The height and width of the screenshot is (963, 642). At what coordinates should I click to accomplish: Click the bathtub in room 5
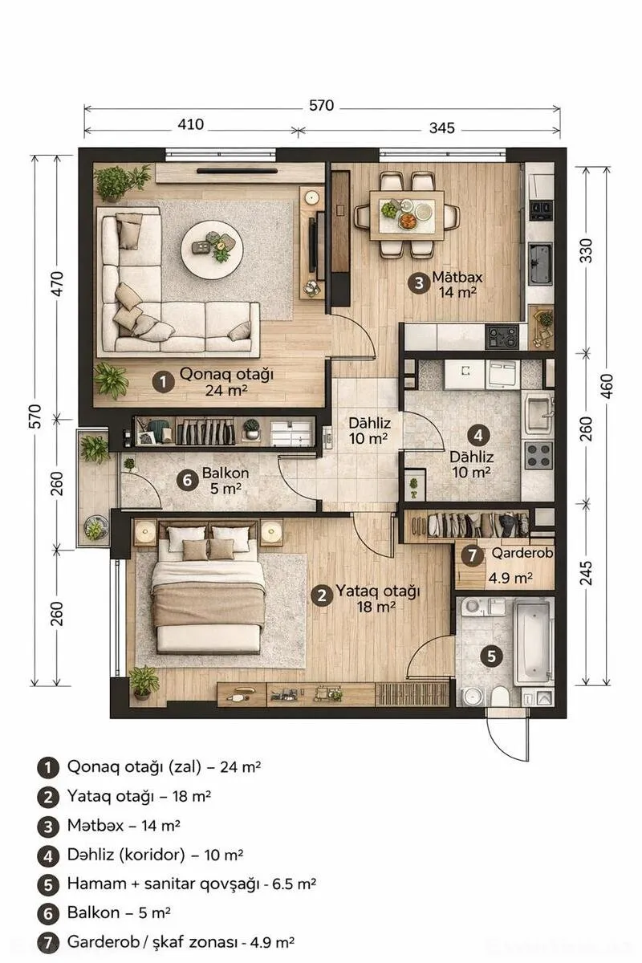point(531,640)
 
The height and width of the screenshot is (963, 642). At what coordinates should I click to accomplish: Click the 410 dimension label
point(191,124)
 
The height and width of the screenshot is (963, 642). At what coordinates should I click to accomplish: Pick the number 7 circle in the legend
point(47,943)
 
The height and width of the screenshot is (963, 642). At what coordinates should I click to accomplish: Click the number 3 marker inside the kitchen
point(416,282)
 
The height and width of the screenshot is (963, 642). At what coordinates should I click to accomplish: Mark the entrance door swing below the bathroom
point(509,736)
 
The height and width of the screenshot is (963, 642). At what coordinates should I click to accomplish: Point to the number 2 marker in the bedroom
point(321,595)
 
